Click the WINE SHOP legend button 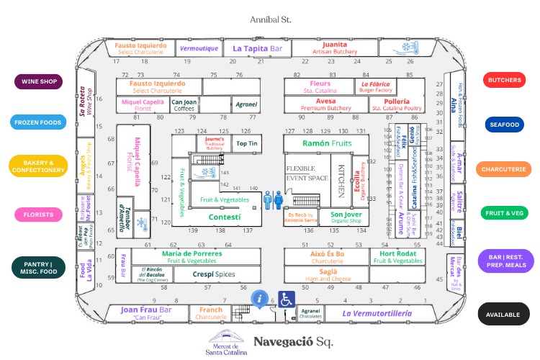(38, 81)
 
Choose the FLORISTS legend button (38, 215)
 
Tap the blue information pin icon (259, 297)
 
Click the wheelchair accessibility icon (287, 300)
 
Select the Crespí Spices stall (215, 274)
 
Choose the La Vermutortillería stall (377, 313)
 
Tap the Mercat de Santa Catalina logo (227, 343)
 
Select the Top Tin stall (247, 144)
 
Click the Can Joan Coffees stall (184, 105)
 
